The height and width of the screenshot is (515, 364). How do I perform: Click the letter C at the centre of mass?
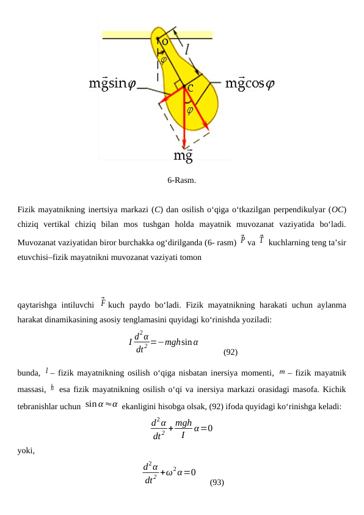191,88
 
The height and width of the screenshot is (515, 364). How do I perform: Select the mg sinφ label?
113,83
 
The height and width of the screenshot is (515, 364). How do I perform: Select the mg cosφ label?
250,83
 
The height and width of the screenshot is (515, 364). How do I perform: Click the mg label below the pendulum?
183,156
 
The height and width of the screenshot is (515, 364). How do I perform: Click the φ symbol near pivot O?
163,59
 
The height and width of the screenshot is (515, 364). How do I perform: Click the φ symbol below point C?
190,110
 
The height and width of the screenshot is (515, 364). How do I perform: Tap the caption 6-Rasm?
182,180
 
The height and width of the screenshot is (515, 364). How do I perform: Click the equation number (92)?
230,352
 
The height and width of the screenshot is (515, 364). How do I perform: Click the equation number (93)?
217,483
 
